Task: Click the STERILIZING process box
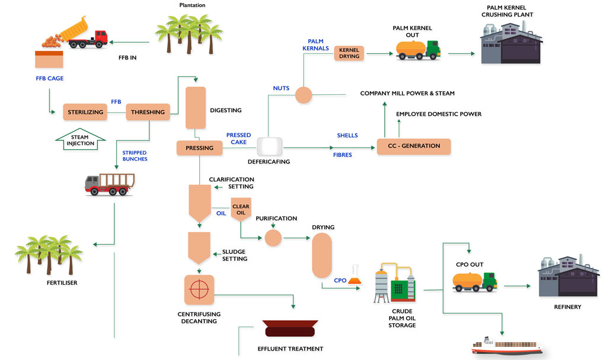(85, 112)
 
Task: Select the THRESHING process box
(148, 112)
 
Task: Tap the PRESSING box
(199, 148)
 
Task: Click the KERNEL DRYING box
(349, 53)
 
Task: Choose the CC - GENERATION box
(414, 146)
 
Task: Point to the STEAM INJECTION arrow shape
(79, 140)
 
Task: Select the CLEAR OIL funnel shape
(241, 210)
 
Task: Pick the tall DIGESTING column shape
(196, 107)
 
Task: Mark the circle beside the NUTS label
(303, 94)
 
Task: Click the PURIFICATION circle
(273, 238)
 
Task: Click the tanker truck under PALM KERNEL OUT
(418, 50)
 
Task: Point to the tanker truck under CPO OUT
(474, 281)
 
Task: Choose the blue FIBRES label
(343, 155)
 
